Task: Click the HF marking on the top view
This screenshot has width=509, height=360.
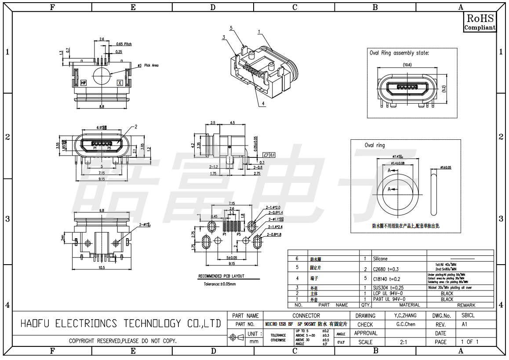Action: click(84, 82)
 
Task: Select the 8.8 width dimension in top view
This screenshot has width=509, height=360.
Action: click(102, 106)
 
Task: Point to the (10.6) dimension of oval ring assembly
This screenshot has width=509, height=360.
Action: click(407, 65)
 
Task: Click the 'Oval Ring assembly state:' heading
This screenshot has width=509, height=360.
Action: click(399, 53)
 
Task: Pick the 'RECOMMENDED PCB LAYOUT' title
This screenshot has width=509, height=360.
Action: click(221, 276)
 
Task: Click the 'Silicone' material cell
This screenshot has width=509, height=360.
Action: click(380, 259)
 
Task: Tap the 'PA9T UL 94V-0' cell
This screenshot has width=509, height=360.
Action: click(389, 299)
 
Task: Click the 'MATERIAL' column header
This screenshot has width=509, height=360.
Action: click(409, 305)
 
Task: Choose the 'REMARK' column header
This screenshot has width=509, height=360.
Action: click(466, 305)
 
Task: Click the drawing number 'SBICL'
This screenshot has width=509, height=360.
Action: click(468, 316)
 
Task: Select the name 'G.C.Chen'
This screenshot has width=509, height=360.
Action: click(406, 324)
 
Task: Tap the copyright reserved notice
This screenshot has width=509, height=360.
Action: click(123, 341)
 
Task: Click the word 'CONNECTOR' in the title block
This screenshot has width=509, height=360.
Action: click(306, 316)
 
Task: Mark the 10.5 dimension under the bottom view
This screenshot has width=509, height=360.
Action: click(102, 267)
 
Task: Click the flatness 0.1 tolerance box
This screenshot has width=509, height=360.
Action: click(269, 155)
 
